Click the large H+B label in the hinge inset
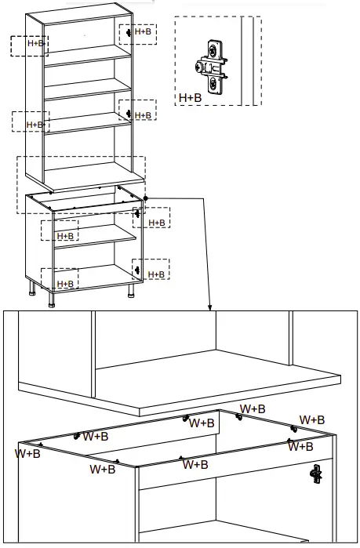[190, 98]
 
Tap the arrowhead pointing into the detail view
[210, 307]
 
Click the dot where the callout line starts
[146, 198]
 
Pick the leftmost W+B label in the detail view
[28, 452]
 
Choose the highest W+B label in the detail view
[253, 408]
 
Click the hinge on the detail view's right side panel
[317, 473]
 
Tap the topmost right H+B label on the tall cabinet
[143, 32]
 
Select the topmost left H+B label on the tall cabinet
[36, 44]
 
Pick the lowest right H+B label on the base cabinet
[157, 274]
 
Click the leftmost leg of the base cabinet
[31, 294]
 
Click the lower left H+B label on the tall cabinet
[35, 125]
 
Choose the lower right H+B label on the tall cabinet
[143, 115]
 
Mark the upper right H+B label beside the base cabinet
[157, 223]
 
